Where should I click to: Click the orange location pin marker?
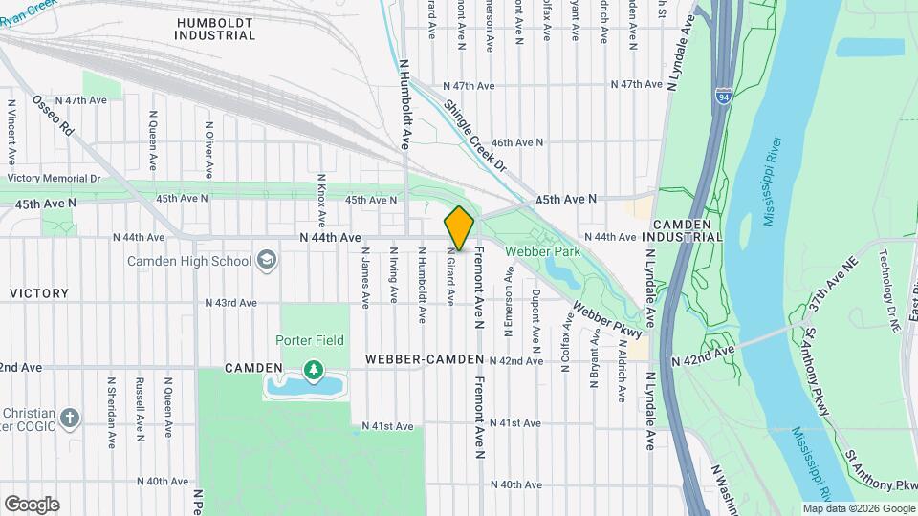pos(459,228)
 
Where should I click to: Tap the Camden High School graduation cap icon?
pos(266,261)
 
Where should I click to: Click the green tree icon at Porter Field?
pos(312,368)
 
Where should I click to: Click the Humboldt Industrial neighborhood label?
pos(215,28)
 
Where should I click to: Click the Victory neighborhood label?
pos(38,293)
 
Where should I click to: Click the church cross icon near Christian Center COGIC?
pos(69,418)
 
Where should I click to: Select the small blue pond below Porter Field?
pos(305,387)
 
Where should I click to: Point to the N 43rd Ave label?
pos(231,303)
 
